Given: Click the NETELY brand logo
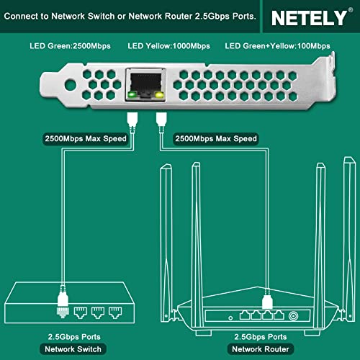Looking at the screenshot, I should click(x=312, y=16).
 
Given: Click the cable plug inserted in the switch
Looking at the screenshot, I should click(x=61, y=306).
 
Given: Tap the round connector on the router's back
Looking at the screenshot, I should click(x=294, y=314).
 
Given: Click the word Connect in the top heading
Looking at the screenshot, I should click(x=30, y=16).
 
